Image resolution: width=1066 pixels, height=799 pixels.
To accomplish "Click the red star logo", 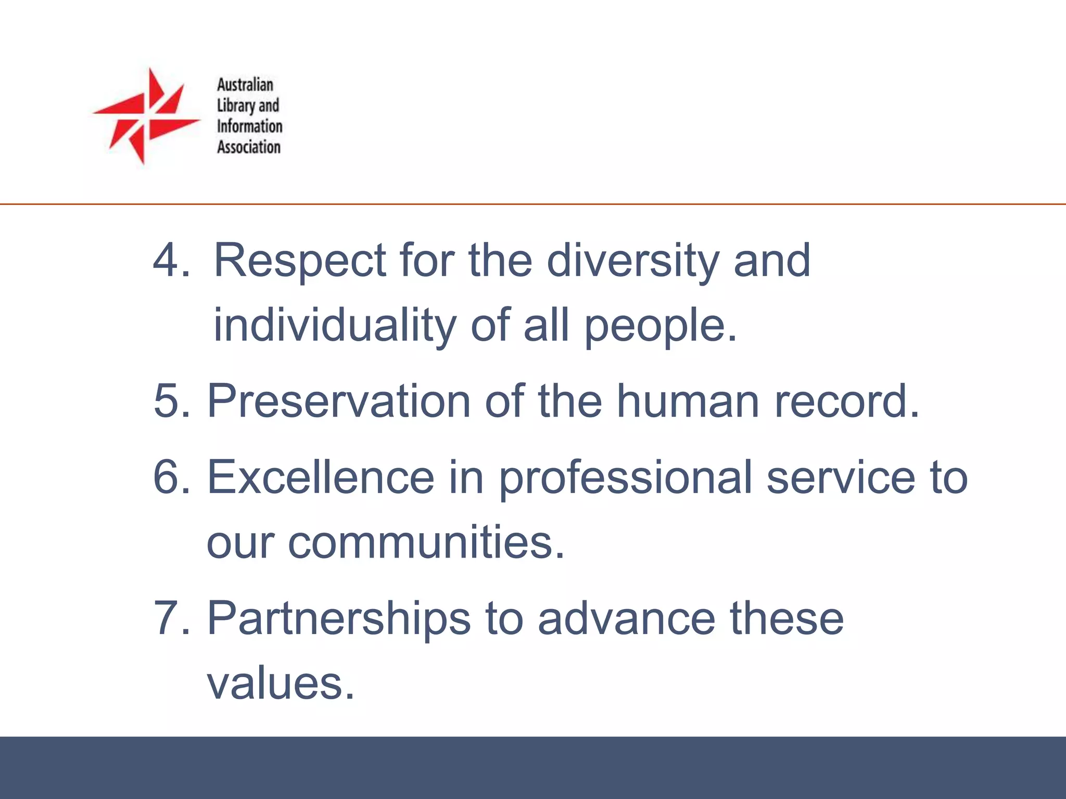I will pyautogui.click(x=146, y=116).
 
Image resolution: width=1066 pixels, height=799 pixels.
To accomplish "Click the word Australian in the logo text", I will pyautogui.click(x=245, y=85).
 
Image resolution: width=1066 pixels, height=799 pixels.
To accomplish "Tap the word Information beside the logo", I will pyautogui.click(x=249, y=126).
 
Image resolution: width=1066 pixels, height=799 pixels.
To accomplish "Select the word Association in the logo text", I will pyautogui.click(x=249, y=147).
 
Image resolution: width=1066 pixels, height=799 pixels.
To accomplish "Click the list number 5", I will pyautogui.click(x=169, y=401).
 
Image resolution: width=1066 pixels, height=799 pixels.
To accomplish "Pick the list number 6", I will pyautogui.click(x=169, y=477).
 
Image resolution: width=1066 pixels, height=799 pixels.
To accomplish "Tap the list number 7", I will pyautogui.click(x=169, y=618).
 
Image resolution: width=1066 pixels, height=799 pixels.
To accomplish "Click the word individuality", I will pyautogui.click(x=335, y=325).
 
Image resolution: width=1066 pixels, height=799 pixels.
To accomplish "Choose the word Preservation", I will pyautogui.click(x=339, y=401).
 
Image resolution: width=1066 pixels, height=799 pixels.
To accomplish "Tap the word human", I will pyautogui.click(x=688, y=401).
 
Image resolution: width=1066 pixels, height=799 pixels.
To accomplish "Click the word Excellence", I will pyautogui.click(x=321, y=477).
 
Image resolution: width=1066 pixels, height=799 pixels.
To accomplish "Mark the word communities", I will pyautogui.click(x=426, y=542).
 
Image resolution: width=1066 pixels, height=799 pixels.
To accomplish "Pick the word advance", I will pyautogui.click(x=627, y=618).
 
